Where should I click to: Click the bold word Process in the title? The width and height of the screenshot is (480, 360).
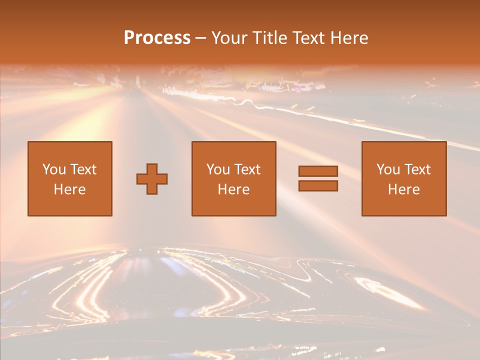pos(157,38)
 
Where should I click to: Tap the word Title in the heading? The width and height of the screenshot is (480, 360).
pos(268,38)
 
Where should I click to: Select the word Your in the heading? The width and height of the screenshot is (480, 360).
pos(230,38)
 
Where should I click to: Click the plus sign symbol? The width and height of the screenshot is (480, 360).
pos(152,179)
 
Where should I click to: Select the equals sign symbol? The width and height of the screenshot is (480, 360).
pos(318,178)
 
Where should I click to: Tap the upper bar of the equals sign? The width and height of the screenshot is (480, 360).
pos(318,171)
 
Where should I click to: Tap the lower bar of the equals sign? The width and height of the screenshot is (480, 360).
pos(318,185)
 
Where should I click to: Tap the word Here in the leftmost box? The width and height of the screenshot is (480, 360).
pos(70,189)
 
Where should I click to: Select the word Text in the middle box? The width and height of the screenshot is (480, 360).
pos(247,169)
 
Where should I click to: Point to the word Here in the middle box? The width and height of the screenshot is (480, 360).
pos(233,189)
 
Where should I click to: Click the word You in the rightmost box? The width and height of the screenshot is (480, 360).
pos(388,169)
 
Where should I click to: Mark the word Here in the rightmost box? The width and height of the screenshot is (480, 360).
pos(403,189)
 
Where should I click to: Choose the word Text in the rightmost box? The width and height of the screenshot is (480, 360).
pos(417,169)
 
